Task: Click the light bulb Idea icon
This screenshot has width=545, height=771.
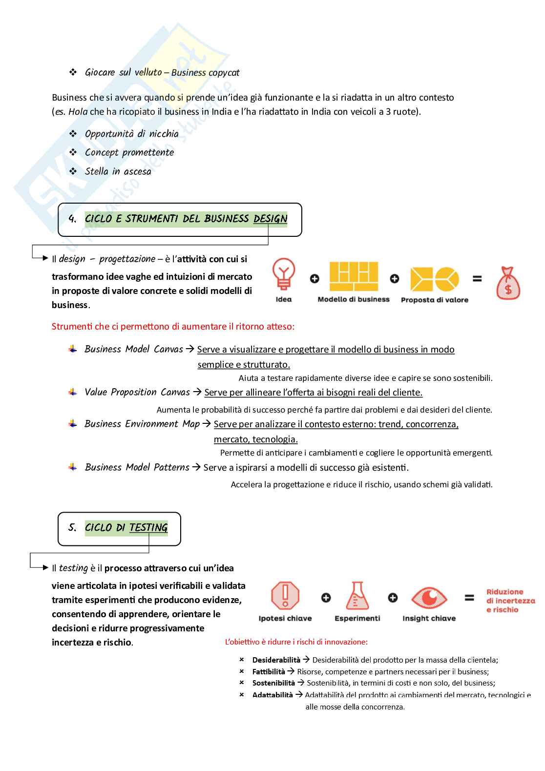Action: tap(283, 274)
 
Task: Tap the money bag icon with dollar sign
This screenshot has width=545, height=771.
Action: tap(508, 283)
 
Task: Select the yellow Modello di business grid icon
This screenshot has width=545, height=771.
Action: tap(354, 276)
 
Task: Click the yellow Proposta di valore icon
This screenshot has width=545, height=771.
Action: tap(435, 279)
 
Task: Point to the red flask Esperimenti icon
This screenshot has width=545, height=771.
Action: tap(357, 596)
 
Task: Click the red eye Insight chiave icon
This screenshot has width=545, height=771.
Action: tap(429, 598)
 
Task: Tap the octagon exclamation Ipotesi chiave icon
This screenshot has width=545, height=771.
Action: tap(285, 596)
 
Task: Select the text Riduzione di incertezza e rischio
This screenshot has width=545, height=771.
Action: tap(510, 601)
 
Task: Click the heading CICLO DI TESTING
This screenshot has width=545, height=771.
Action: tap(126, 528)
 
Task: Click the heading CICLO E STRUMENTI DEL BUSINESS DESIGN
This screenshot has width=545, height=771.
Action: tap(186, 219)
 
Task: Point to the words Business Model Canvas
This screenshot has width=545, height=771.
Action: tap(133, 349)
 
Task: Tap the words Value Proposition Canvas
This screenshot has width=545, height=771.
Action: tap(137, 392)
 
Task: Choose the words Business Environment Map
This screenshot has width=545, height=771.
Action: tap(142, 424)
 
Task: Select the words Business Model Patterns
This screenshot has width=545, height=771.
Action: tap(137, 467)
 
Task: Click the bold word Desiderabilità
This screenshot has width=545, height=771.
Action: tap(276, 660)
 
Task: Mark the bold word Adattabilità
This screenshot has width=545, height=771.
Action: tap(272, 695)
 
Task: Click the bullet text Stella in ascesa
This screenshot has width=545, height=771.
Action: tap(118, 171)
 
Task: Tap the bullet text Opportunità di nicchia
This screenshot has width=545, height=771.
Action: tap(131, 134)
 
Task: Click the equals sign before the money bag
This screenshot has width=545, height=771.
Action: tap(477, 279)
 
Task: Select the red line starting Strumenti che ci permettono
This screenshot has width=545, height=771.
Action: tap(173, 327)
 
